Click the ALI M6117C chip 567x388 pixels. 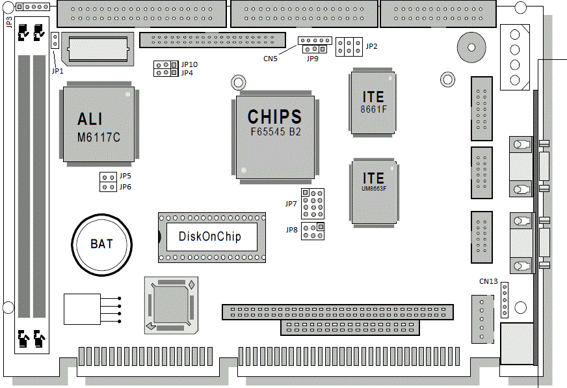99,125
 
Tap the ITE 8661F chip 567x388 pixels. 373,102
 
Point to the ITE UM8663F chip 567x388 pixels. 373,190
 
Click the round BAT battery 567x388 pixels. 101,244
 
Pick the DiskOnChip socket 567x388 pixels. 212,236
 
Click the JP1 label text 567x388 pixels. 57,70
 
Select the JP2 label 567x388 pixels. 372,47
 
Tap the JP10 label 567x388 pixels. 190,64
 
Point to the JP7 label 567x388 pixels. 291,204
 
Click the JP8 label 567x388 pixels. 291,229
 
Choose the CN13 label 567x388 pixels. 488,281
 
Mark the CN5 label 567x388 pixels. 270,58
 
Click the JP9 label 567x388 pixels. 313,59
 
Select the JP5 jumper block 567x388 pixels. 107,176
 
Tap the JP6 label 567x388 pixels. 125,187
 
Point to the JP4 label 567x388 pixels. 187,73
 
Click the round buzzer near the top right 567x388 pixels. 471,46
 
